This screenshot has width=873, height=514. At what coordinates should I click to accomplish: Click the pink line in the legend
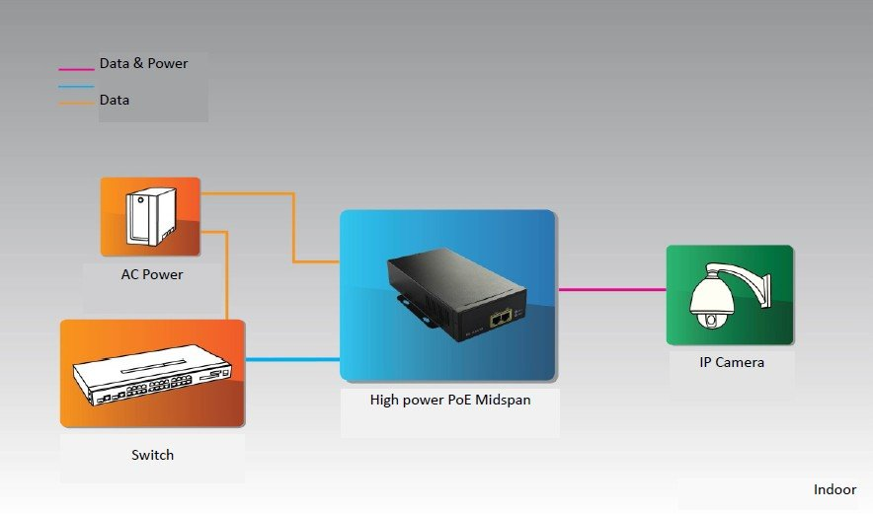tap(77, 70)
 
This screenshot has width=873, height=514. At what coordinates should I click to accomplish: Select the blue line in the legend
tap(77, 87)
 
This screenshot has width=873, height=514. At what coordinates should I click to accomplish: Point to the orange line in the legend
tap(77, 103)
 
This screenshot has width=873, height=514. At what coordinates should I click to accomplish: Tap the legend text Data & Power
tap(143, 64)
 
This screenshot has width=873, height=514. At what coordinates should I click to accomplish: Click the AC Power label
tap(152, 274)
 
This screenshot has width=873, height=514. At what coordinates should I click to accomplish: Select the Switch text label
tap(152, 455)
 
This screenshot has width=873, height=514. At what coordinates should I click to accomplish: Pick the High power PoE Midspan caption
tap(448, 400)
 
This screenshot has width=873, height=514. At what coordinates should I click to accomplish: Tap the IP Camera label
tap(732, 362)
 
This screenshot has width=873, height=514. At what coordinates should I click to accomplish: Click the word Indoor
tap(834, 489)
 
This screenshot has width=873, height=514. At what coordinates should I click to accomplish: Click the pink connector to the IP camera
tap(612, 289)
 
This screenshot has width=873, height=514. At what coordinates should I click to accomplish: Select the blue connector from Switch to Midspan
tap(292, 360)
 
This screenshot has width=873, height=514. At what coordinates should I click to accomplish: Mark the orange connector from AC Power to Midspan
tap(293, 227)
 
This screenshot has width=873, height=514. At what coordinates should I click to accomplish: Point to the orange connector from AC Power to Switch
tap(228, 276)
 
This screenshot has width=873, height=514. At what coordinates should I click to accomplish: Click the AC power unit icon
tap(149, 217)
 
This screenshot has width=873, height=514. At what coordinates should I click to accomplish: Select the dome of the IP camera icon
tap(710, 300)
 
